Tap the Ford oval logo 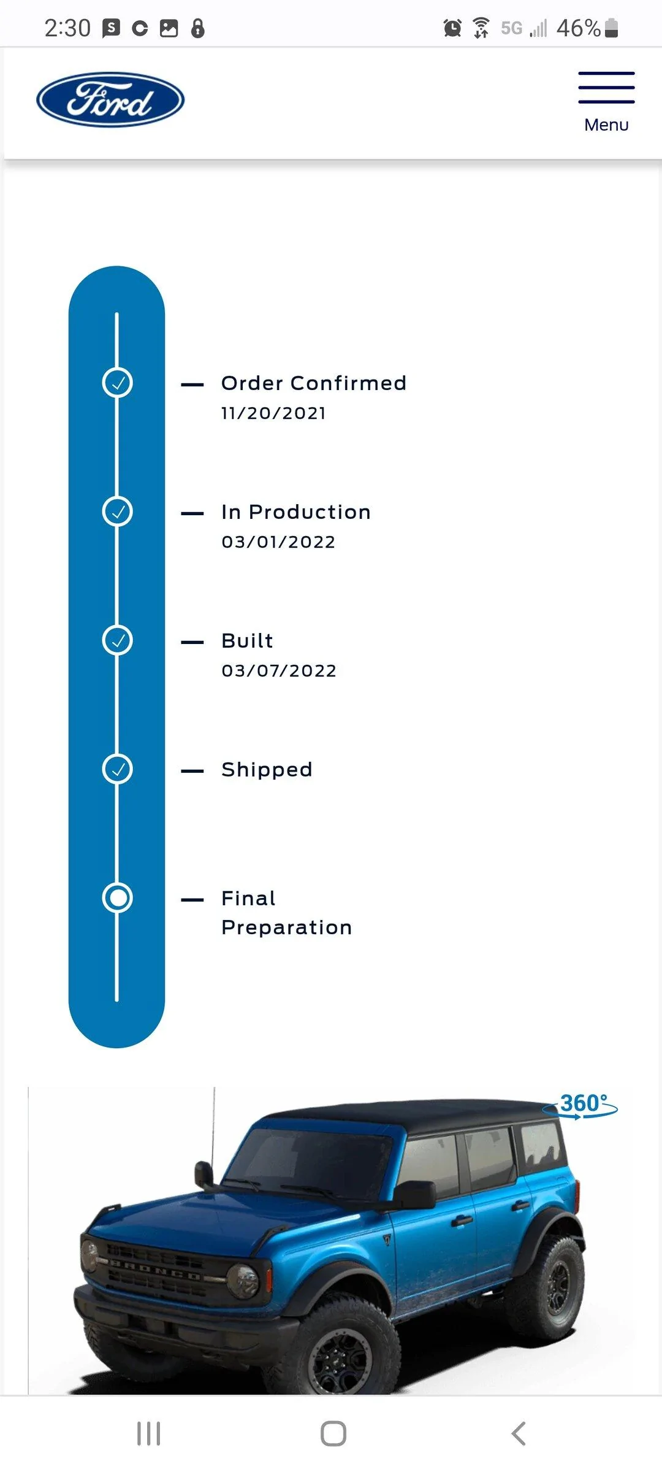click(x=110, y=100)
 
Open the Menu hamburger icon click(x=606, y=87)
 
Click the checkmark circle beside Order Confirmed click(x=117, y=383)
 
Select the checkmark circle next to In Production click(x=117, y=512)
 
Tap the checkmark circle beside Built click(x=117, y=640)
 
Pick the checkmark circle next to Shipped click(x=117, y=769)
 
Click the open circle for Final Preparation click(x=117, y=898)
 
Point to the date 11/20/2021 click(x=273, y=413)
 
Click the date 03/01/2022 click(x=278, y=542)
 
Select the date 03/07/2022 click(x=279, y=671)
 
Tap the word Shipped click(x=267, y=769)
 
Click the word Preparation click(x=287, y=927)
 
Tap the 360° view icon click(x=580, y=1105)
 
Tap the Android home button click(x=333, y=1434)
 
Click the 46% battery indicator click(x=587, y=28)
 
